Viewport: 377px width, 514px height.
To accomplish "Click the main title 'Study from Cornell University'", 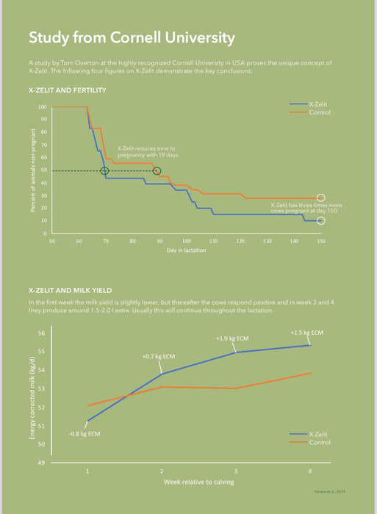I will (132, 37).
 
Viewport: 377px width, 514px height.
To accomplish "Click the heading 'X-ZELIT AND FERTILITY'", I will (67, 90).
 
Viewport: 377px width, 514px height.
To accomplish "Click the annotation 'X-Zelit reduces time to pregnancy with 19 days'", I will (148, 152).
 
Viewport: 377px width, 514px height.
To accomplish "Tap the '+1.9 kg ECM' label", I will (231, 339).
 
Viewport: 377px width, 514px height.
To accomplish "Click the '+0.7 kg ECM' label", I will (158, 356).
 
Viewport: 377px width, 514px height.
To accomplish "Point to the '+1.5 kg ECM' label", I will (306, 333).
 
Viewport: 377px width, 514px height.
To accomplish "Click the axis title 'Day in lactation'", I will (185, 250).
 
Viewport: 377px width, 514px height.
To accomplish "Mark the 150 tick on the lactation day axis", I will (320, 240).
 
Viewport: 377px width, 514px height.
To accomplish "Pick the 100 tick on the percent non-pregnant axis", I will (43, 107).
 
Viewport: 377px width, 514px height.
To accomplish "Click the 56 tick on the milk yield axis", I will (41, 333).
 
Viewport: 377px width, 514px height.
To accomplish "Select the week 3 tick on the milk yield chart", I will (235, 470).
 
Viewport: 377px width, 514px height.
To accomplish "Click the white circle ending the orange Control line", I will (320, 198).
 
